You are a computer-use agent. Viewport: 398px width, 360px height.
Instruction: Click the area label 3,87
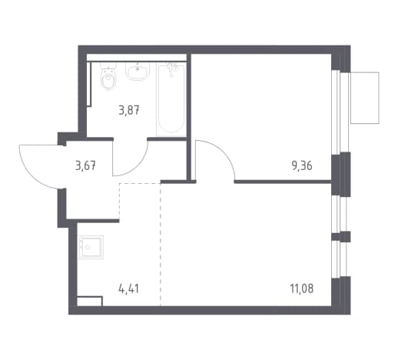pyautogui.click(x=129, y=111)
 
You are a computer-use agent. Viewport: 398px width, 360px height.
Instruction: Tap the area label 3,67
pyautogui.click(x=85, y=165)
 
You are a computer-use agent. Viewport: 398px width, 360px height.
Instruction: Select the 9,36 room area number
pyautogui.click(x=302, y=166)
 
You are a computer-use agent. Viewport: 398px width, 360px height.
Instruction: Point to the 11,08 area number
pyautogui.click(x=302, y=288)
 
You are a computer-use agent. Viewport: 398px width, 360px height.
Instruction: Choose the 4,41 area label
pyautogui.click(x=129, y=288)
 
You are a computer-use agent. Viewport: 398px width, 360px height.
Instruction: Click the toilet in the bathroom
pyautogui.click(x=108, y=76)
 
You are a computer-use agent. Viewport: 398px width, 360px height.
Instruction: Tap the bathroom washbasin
pyautogui.click(x=138, y=71)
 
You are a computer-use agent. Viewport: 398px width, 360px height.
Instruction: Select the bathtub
pyautogui.click(x=171, y=99)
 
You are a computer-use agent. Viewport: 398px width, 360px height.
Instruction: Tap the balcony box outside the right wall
pyautogui.click(x=365, y=98)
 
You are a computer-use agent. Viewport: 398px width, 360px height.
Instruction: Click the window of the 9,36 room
pyautogui.click(x=340, y=112)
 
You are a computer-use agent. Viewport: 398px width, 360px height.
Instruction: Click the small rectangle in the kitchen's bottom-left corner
pyautogui.click(x=90, y=302)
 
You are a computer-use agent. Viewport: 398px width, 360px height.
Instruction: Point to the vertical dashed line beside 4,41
pyautogui.click(x=161, y=245)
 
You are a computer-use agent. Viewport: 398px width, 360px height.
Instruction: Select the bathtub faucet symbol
pyautogui.click(x=172, y=68)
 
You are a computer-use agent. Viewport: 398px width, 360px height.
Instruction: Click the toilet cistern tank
pyautogui.click(x=108, y=65)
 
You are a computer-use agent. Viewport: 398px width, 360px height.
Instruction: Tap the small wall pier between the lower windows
pyautogui.click(x=341, y=236)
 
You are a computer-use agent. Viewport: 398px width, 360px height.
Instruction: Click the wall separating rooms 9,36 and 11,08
pyautogui.click(x=283, y=182)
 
